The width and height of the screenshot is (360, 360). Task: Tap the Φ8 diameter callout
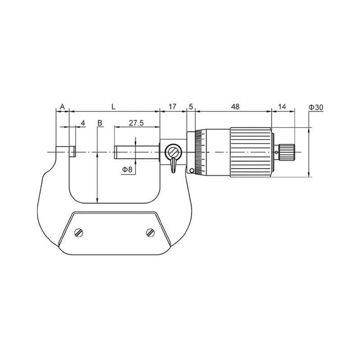(127, 169)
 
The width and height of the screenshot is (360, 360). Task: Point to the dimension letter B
(100, 123)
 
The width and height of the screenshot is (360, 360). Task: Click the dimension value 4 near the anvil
(82, 123)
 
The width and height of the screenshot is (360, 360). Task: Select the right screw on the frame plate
(150, 232)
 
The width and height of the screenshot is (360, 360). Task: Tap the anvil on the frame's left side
(66, 151)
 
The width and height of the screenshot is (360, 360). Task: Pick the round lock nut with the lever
(173, 152)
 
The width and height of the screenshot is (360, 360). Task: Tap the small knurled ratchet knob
(287, 152)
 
